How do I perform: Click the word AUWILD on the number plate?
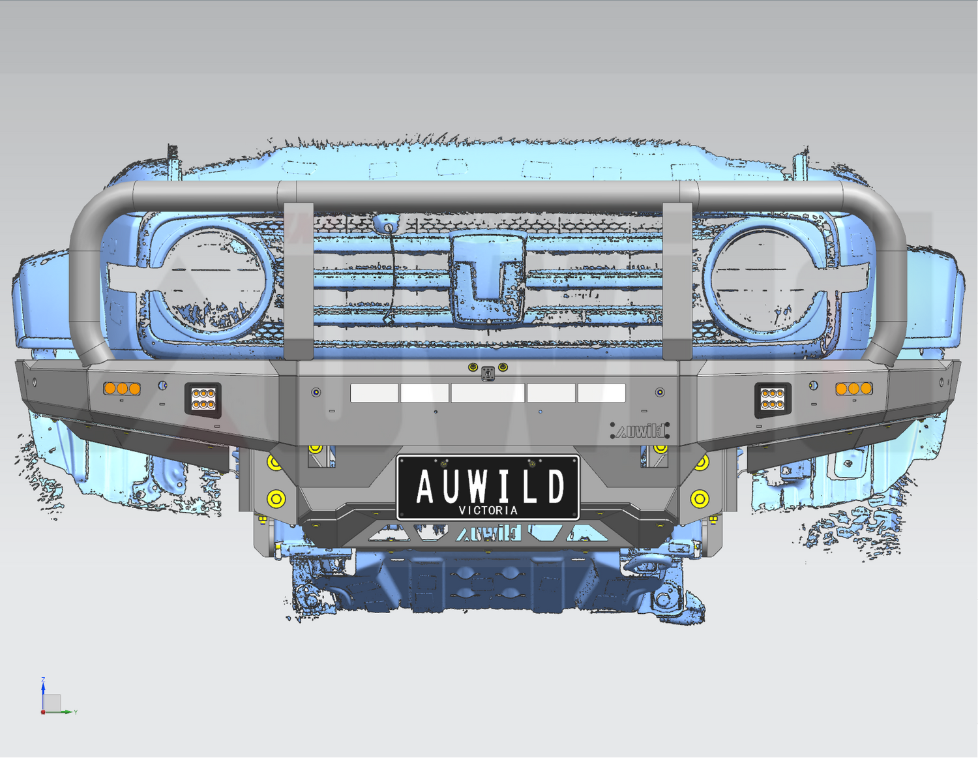489,485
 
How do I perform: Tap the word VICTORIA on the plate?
488,510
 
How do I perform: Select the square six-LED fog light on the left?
203,399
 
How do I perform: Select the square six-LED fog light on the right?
773,399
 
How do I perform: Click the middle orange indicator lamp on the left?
122,389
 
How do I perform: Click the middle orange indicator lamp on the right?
853,389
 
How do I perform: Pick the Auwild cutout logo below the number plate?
489,534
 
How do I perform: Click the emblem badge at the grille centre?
489,277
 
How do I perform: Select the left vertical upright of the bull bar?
299,280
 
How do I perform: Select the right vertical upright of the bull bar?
677,280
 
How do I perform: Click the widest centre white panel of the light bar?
488,393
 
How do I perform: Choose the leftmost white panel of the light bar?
374,393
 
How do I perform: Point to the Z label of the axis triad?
43,680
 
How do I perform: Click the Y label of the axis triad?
76,712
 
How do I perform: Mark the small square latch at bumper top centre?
488,374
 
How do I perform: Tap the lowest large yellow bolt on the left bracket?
276,499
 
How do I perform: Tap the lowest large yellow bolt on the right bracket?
700,499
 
